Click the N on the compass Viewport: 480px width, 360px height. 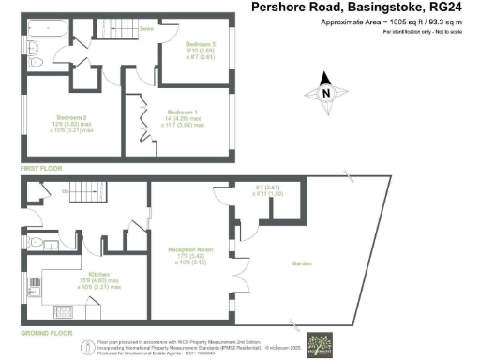click(325, 93)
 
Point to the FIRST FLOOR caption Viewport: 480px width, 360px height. click(40, 167)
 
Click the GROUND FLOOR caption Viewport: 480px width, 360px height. click(46, 332)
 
